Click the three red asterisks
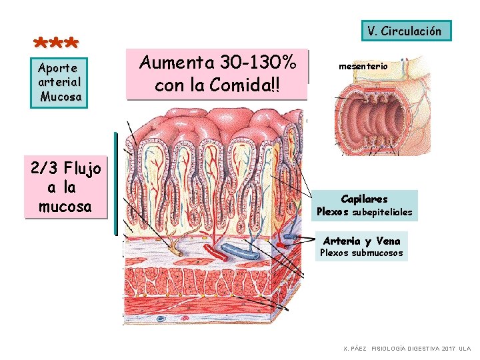57,44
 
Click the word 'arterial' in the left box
60,82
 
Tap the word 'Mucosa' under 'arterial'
61,97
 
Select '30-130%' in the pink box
261,63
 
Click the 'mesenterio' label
363,67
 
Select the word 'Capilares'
364,199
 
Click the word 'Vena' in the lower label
388,241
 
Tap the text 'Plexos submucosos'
361,253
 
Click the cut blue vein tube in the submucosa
241,251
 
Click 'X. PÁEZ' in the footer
355,349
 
